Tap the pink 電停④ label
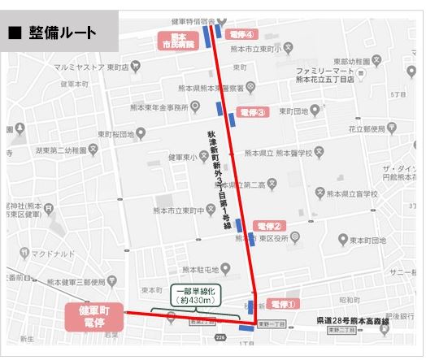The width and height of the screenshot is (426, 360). click(243, 35)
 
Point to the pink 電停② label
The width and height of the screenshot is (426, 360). click(267, 226)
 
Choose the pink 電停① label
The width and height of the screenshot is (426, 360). click(284, 302)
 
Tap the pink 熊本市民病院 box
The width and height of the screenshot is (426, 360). click(179, 41)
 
